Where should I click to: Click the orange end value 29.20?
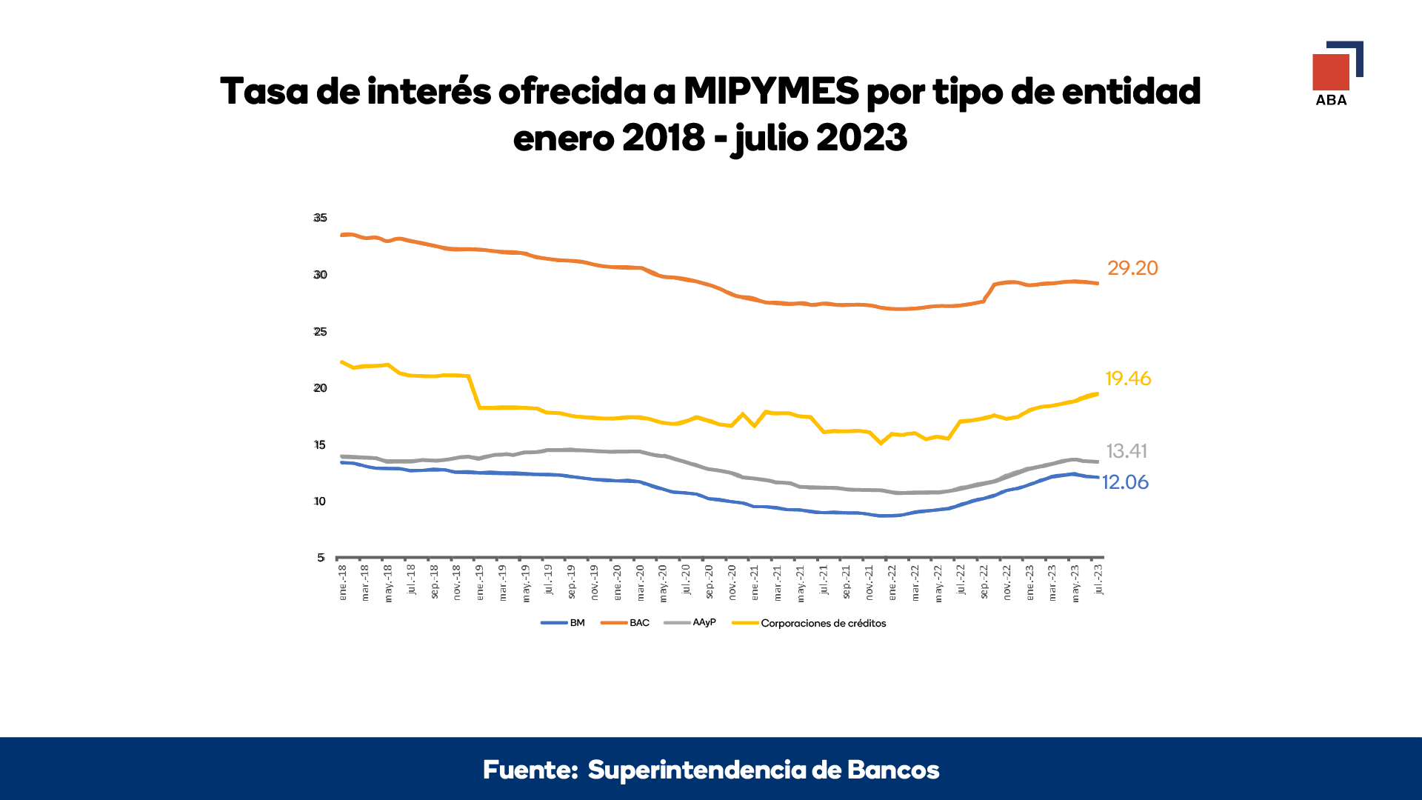1132,268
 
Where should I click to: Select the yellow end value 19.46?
1128,379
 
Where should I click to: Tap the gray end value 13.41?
1126,451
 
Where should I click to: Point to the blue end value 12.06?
1125,482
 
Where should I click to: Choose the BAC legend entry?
625,623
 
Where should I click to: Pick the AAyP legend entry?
690,622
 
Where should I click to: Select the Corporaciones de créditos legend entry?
809,623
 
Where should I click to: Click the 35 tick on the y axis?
320,218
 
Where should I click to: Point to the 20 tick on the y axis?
320,388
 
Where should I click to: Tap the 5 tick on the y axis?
321,558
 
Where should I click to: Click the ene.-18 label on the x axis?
342,582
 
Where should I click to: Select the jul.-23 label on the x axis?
1098,579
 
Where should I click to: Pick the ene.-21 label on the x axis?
755,582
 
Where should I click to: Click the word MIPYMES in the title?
771,92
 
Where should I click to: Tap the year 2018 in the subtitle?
664,138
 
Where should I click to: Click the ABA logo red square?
1331,72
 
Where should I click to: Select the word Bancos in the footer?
893,770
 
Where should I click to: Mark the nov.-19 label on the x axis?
595,582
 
